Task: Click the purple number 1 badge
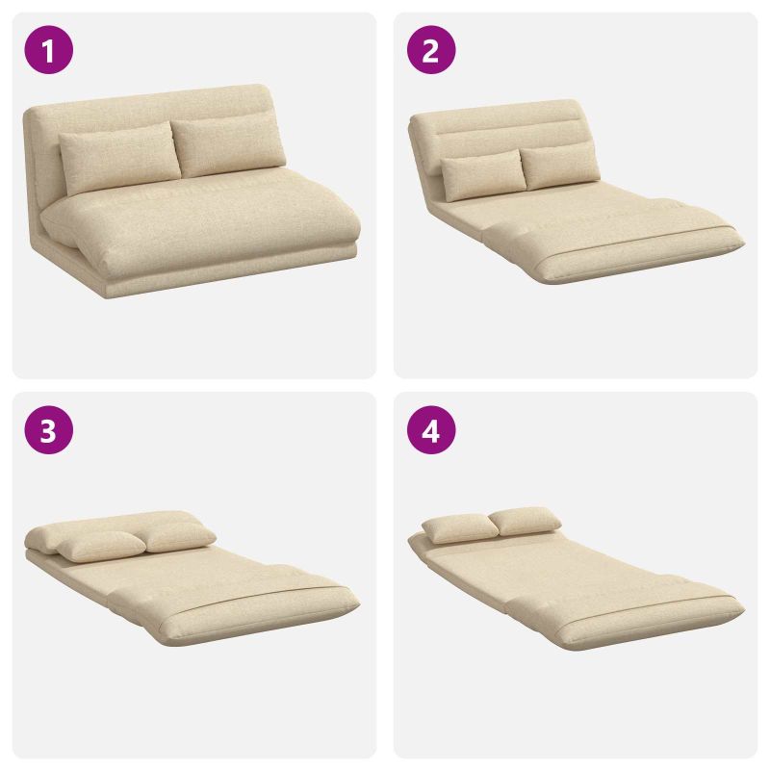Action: [49, 50]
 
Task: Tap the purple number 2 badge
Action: [430, 50]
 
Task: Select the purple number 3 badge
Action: [49, 429]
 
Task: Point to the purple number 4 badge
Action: [430, 429]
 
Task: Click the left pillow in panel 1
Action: [119, 157]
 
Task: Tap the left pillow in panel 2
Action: [482, 174]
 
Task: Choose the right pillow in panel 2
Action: [560, 166]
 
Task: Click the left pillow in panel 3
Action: [101, 546]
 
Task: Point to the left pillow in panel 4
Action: [460, 528]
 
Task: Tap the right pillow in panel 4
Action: [526, 521]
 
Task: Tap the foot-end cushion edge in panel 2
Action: [638, 258]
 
